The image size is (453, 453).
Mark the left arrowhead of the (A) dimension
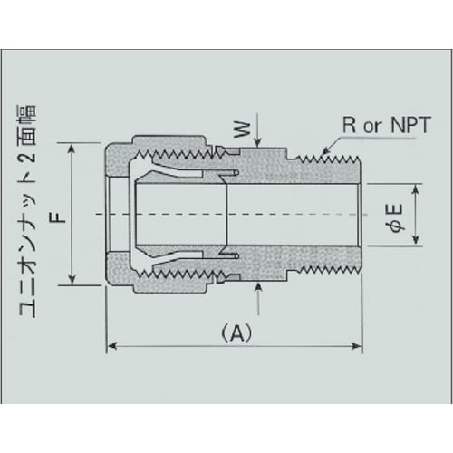(x=112, y=345)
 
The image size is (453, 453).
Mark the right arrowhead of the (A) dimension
(x=359, y=345)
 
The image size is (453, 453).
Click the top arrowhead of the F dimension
(x=72, y=145)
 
